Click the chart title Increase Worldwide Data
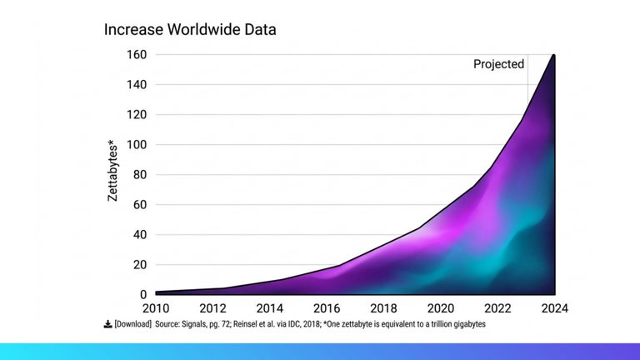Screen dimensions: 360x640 click(190, 29)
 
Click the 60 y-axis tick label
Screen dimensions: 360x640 click(139, 205)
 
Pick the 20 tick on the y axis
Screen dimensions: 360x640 click(139, 265)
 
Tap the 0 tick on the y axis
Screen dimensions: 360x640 click(142, 295)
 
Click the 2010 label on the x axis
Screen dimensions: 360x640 click(156, 308)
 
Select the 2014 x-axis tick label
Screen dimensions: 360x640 click(270, 308)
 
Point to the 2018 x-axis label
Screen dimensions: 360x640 click(383, 308)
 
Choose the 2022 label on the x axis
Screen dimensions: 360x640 click(497, 308)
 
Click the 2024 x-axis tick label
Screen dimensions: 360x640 click(553, 308)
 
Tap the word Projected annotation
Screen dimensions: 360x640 click(498, 64)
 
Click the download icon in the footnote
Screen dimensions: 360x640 click(107, 324)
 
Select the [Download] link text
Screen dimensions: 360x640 click(133, 324)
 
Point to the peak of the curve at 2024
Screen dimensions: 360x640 click(553, 56)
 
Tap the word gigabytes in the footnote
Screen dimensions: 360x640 click(465, 324)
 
